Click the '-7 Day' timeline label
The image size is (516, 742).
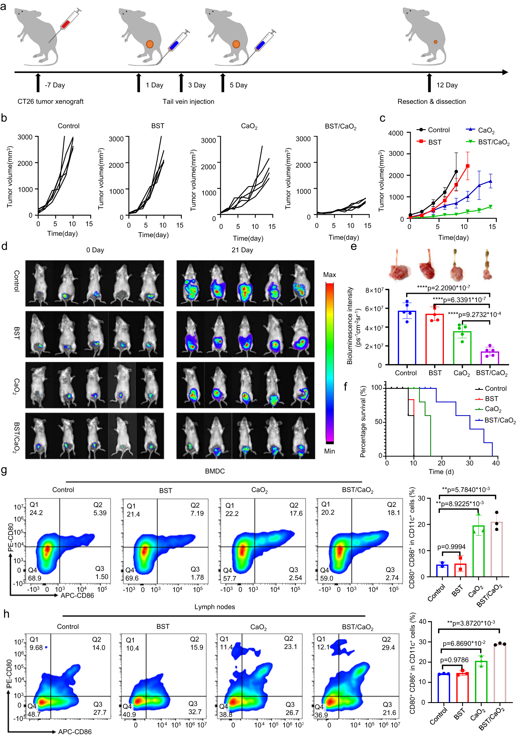click(x=55, y=85)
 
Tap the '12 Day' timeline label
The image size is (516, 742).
click(x=447, y=85)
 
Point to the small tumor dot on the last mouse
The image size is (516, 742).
click(x=435, y=42)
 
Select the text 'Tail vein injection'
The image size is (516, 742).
click(x=188, y=102)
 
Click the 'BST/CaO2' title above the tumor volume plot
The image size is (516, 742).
click(x=340, y=126)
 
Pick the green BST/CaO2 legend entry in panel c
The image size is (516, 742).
click(x=488, y=142)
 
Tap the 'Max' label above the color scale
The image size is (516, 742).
click(x=329, y=275)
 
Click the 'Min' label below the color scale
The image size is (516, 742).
click(x=329, y=451)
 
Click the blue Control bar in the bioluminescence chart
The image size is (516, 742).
click(x=407, y=338)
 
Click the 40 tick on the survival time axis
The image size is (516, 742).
click(x=496, y=463)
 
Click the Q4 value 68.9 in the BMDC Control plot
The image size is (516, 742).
click(x=35, y=578)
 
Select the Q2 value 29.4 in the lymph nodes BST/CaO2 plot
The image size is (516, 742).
click(x=388, y=648)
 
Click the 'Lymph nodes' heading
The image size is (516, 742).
click(x=215, y=607)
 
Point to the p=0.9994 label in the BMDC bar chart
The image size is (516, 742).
click(x=451, y=547)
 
